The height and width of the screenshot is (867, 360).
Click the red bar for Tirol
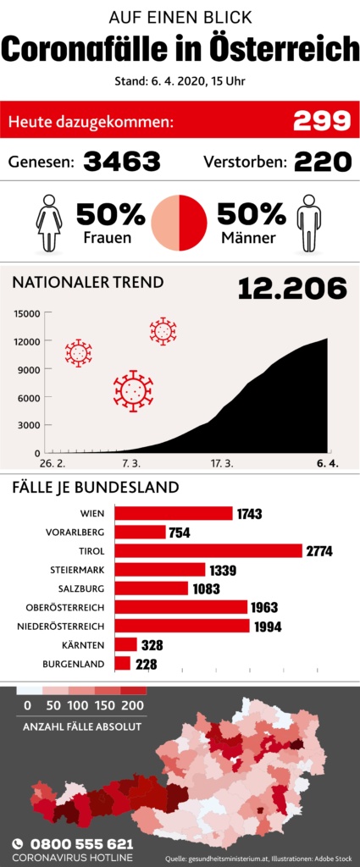(x=209, y=550)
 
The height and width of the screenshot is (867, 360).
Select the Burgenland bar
(x=123, y=664)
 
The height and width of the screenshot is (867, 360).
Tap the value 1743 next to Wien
(x=249, y=514)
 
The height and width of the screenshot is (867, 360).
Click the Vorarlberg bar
(x=141, y=532)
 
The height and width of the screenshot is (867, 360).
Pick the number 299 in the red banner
(x=322, y=120)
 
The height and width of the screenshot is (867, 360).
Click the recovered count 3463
(x=122, y=162)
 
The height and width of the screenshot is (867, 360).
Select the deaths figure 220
(x=323, y=162)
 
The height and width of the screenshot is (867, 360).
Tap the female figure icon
(x=49, y=223)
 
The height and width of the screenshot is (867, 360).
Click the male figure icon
(x=308, y=223)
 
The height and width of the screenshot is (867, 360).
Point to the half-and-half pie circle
(x=180, y=223)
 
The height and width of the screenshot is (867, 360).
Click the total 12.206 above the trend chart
(x=292, y=289)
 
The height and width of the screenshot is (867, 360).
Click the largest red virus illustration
(x=133, y=391)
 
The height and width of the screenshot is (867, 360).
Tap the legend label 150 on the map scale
(x=104, y=705)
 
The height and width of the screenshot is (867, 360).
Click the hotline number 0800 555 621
(x=81, y=844)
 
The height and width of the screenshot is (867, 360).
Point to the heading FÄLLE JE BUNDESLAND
(x=96, y=488)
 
